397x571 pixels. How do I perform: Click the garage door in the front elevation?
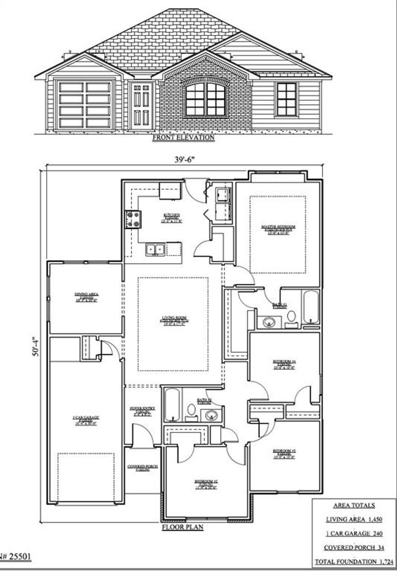pos(84,104)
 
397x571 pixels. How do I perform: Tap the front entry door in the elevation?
pos(142,106)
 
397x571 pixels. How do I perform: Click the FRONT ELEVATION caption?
pos(183,138)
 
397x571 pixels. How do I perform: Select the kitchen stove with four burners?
pos(132,220)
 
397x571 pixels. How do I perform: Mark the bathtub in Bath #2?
pos(172,405)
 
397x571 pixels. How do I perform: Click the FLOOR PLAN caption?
pos(182,527)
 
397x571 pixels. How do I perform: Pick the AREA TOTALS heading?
pos(354,506)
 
